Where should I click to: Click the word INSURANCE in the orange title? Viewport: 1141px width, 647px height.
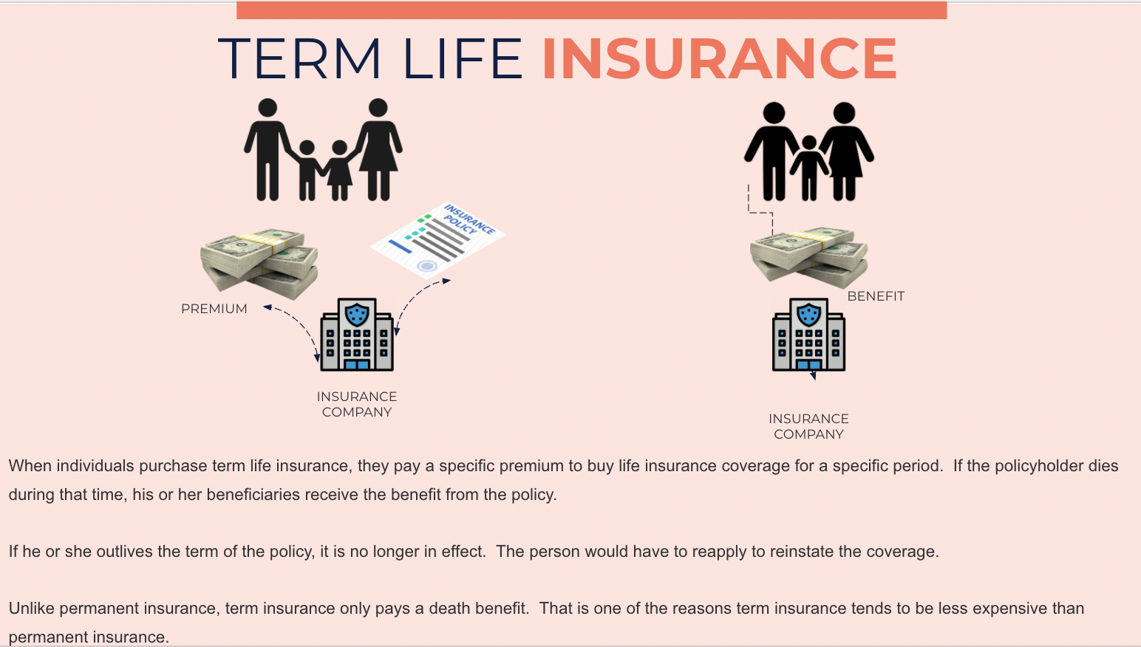720,59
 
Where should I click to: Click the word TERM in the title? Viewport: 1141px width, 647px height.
299,59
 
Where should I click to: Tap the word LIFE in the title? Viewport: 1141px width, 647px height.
463,59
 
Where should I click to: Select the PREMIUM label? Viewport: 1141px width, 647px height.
214,309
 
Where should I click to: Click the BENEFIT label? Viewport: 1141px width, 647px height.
876,296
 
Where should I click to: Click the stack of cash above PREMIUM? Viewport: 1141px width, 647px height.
259,262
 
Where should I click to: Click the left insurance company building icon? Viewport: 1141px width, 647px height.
357,335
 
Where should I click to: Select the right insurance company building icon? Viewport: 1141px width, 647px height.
808,335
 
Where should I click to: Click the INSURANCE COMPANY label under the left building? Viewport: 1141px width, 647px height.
357,405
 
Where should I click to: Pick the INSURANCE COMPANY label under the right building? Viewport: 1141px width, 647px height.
808,427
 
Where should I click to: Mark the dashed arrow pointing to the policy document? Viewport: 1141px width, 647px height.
418,298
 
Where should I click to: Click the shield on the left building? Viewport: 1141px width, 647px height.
357,313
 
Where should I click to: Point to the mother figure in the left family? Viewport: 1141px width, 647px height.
378,148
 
